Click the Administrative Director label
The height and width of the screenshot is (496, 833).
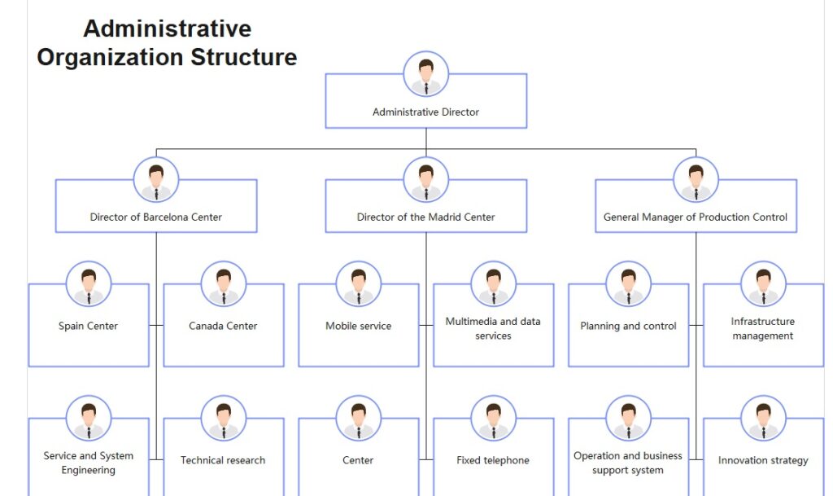[425, 112]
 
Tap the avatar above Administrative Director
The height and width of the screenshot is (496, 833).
[426, 74]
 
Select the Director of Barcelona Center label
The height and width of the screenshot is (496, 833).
[155, 217]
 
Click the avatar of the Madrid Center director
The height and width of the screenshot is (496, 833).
[426, 180]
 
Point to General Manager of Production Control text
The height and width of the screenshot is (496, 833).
[696, 217]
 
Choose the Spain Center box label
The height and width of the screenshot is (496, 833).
[88, 326]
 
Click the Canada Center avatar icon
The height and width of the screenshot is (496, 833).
[224, 284]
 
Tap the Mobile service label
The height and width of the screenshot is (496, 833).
[359, 326]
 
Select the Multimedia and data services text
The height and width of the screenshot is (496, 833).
[493, 328]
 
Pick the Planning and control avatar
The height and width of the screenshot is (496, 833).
[629, 284]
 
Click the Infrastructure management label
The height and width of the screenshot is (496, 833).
[763, 328]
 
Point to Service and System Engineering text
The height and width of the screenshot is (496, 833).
[88, 463]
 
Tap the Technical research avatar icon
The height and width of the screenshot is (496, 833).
[224, 419]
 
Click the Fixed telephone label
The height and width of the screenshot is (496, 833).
[493, 460]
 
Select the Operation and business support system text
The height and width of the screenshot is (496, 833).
[628, 463]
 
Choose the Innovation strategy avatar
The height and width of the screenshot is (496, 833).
[763, 419]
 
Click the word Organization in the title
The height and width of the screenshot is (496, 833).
[111, 57]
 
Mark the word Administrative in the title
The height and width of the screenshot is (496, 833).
[168, 29]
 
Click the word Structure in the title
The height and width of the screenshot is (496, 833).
[244, 57]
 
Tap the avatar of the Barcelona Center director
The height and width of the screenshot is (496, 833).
[156, 180]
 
